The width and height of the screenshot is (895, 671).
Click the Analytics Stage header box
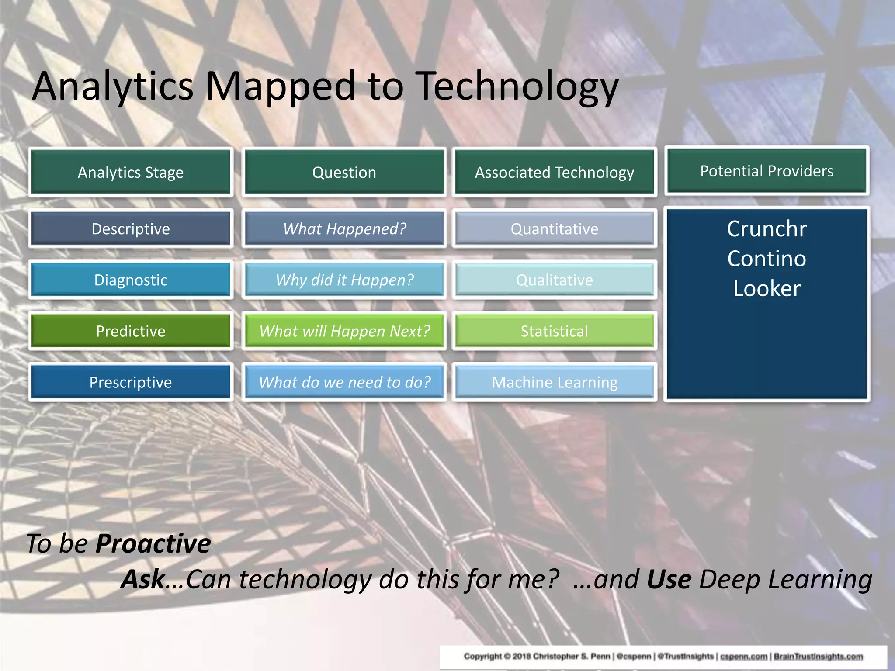(x=130, y=172)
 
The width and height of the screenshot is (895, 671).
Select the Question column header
(x=344, y=172)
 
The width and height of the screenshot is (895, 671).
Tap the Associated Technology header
(x=554, y=172)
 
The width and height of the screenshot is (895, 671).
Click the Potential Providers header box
(x=767, y=171)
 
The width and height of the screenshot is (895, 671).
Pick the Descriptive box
(x=130, y=228)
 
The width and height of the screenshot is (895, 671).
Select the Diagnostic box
(x=130, y=280)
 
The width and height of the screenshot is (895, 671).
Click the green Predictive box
(x=130, y=331)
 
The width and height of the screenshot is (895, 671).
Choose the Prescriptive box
(x=130, y=382)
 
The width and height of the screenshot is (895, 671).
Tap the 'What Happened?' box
(x=344, y=228)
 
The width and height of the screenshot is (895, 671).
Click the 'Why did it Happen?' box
(x=344, y=280)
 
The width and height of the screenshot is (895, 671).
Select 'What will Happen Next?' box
(x=344, y=331)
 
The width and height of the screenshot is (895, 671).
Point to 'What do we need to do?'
(x=344, y=382)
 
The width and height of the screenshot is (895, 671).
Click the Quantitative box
(x=554, y=228)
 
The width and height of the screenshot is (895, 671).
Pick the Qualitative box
(x=554, y=280)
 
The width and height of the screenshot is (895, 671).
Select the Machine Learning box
(x=554, y=382)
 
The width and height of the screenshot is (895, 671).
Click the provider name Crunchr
(x=767, y=228)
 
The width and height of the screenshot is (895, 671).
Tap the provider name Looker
(x=767, y=288)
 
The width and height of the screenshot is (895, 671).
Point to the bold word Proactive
(x=153, y=543)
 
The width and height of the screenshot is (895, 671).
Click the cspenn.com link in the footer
(x=743, y=656)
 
